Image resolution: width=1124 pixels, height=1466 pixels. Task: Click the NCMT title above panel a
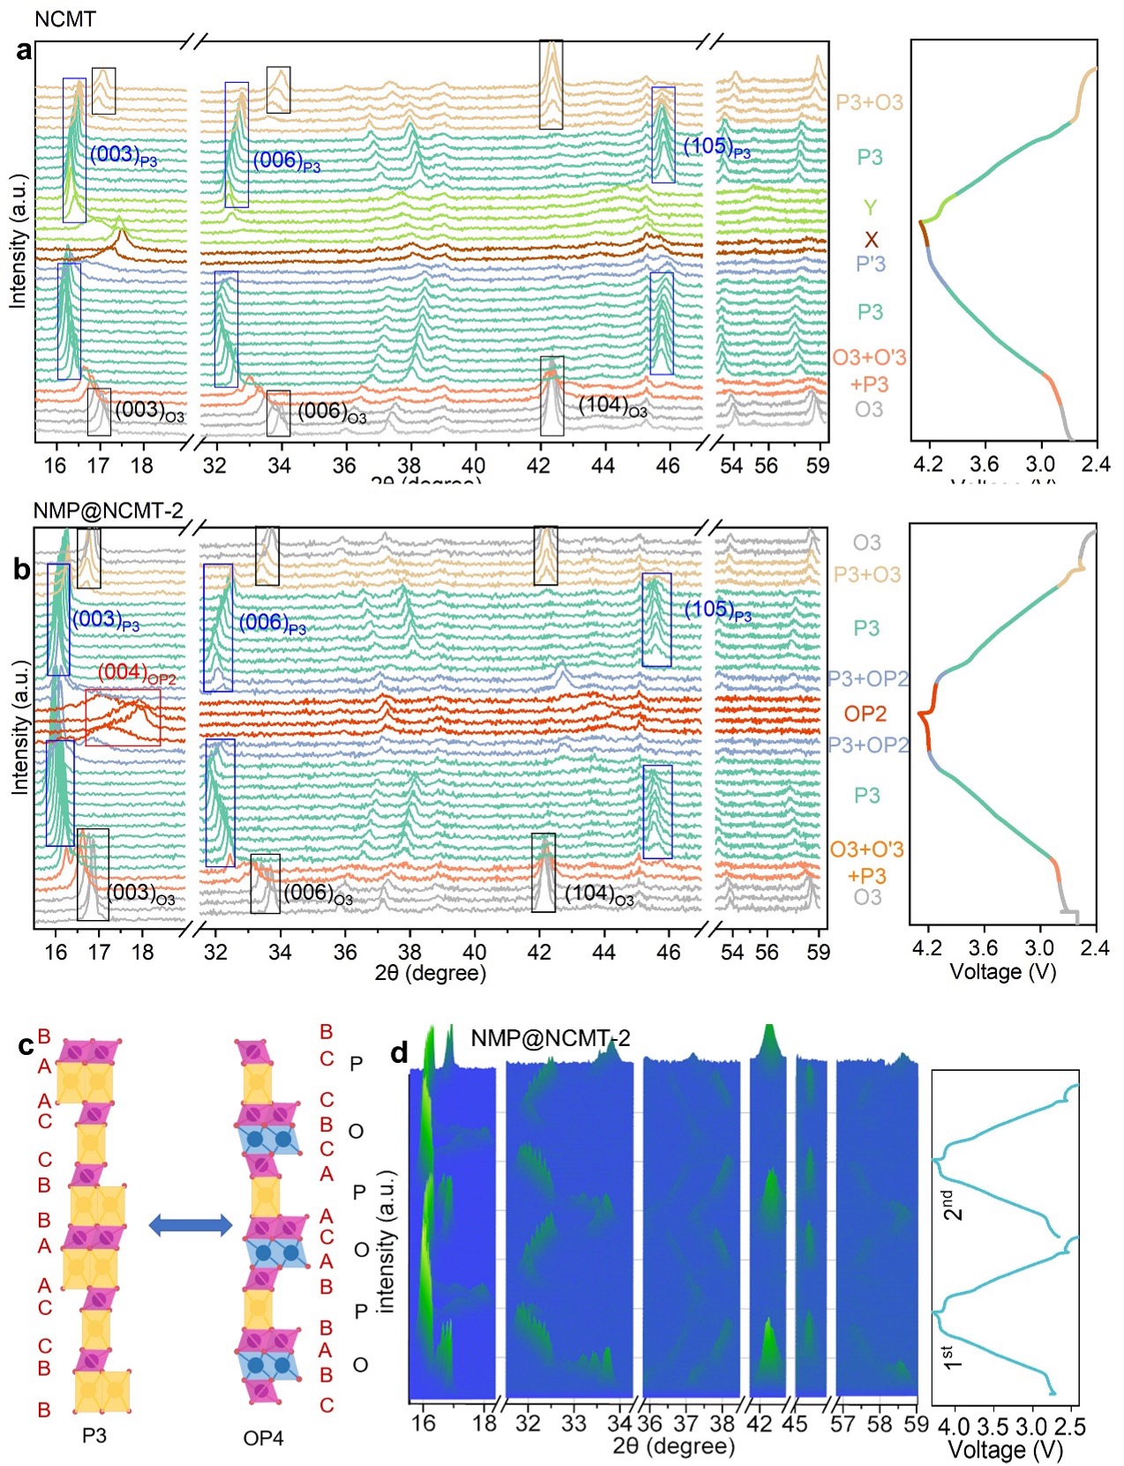click(64, 19)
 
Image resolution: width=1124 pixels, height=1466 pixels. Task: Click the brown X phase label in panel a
click(871, 240)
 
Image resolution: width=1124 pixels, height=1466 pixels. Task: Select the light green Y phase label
click(870, 208)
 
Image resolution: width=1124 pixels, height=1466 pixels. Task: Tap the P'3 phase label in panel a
click(870, 264)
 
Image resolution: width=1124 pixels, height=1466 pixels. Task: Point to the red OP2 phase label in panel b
click(865, 713)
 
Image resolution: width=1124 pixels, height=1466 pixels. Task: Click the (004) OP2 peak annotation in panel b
click(136, 673)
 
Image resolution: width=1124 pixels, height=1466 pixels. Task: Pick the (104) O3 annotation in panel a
click(612, 407)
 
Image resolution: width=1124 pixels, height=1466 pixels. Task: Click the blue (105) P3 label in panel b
click(718, 610)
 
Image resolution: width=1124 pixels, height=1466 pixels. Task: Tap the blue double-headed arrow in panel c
click(190, 1224)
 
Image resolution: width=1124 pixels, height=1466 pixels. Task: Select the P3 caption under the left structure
click(94, 1435)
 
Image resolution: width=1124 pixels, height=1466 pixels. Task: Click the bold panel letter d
click(399, 1051)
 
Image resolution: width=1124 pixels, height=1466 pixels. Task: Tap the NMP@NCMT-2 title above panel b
click(109, 510)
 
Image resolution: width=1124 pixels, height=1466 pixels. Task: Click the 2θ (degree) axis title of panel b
click(430, 973)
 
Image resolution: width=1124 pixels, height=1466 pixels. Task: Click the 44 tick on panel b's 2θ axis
click(603, 951)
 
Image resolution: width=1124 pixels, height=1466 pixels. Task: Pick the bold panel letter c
click(26, 1045)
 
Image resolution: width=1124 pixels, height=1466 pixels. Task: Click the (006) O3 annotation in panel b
click(318, 894)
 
